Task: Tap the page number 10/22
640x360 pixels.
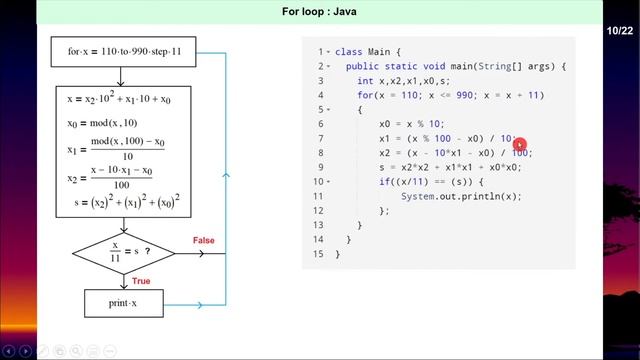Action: (x=620, y=33)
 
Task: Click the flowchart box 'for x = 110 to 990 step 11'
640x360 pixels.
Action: (x=124, y=50)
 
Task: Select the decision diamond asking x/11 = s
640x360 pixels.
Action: (x=124, y=251)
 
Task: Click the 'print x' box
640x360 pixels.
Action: (x=123, y=302)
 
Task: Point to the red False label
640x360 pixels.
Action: (x=203, y=240)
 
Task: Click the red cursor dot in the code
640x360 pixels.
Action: (x=519, y=144)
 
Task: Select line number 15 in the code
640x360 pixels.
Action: (x=319, y=254)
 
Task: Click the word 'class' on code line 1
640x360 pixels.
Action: (x=348, y=51)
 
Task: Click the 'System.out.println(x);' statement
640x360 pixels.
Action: (x=461, y=196)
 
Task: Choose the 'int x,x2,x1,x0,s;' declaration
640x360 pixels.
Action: (x=404, y=80)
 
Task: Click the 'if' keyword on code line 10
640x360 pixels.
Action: (x=385, y=182)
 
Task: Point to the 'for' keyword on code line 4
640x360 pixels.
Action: (x=366, y=95)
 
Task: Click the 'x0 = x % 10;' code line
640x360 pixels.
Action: (x=415, y=124)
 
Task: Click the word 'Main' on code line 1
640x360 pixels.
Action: (x=378, y=51)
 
